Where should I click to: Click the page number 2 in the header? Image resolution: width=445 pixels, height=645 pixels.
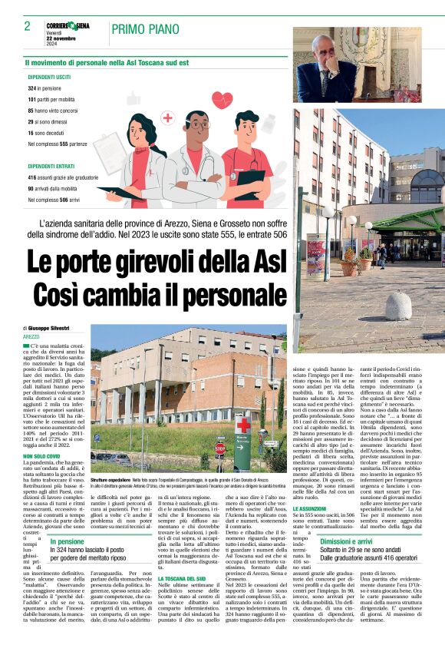coord(27,27)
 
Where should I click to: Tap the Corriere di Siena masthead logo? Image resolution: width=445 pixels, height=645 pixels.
coord(70,25)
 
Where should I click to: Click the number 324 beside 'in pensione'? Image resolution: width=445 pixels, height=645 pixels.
coord(34,88)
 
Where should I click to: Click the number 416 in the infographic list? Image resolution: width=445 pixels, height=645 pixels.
coord(34,177)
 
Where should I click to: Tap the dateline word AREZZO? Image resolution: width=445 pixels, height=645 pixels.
coord(31,336)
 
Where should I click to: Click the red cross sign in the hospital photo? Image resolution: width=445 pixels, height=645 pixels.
coord(242,425)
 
